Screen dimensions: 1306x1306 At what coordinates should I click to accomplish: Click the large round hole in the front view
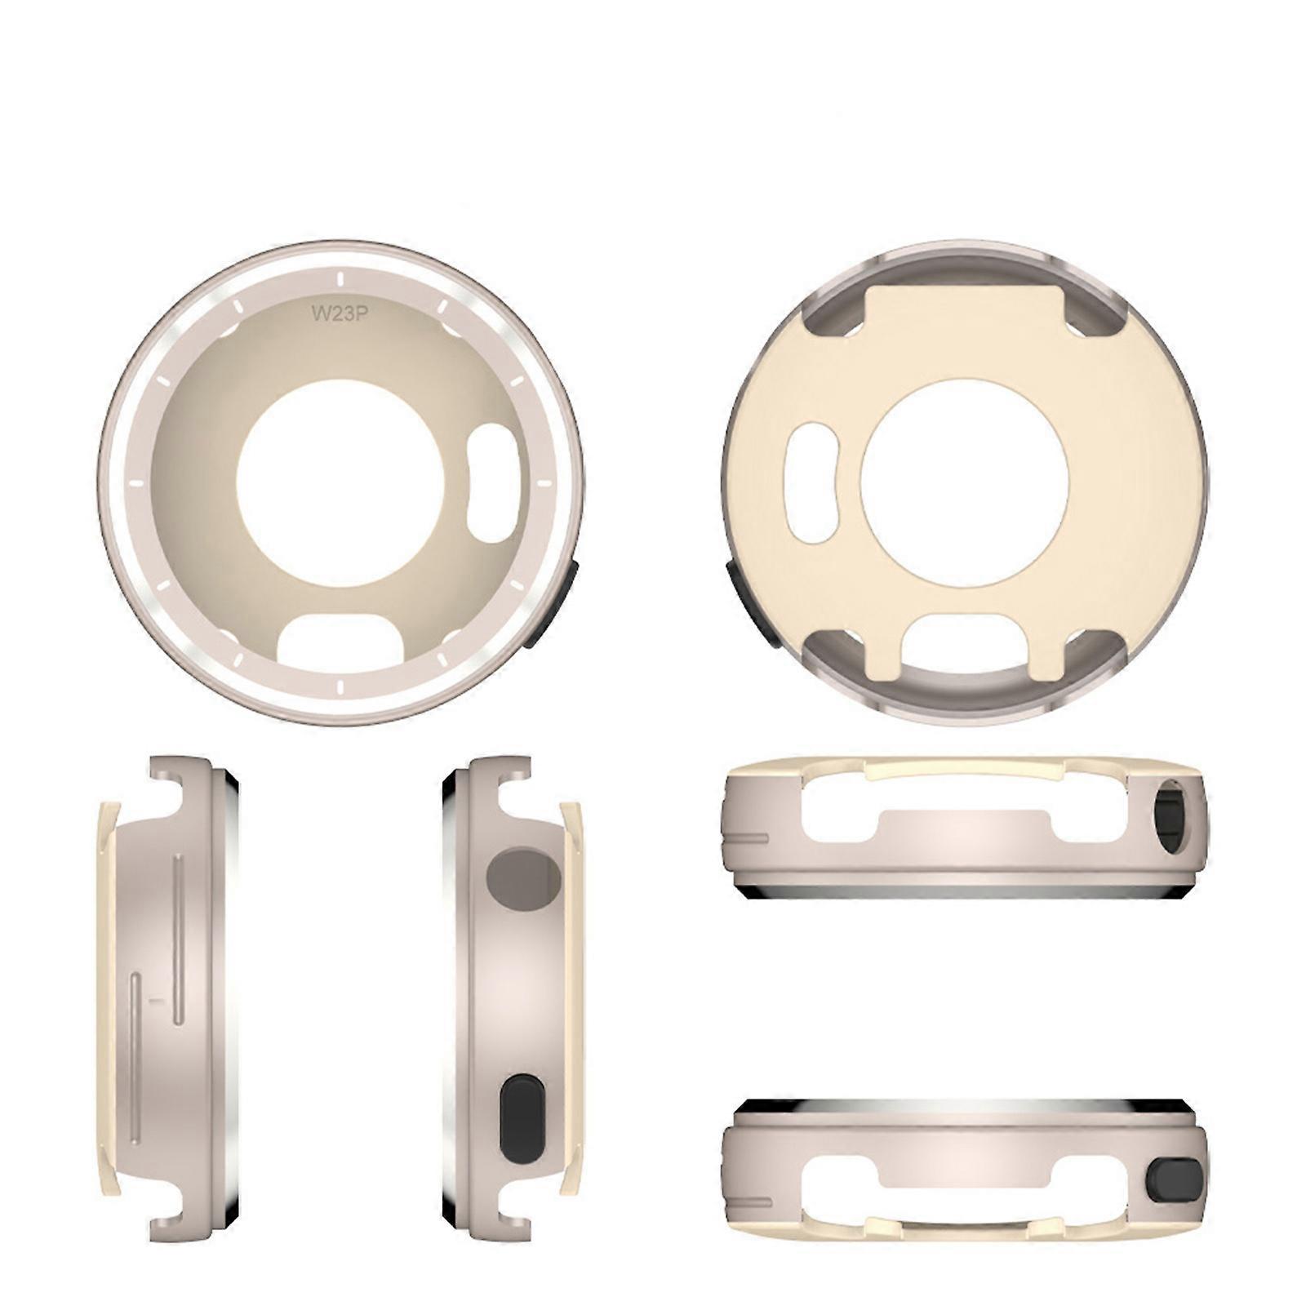(340, 482)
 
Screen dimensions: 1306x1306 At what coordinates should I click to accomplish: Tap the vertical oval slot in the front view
(493, 483)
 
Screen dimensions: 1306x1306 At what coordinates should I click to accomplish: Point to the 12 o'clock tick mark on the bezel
(337, 279)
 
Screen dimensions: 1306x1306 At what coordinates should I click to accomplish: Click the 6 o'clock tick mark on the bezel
(337, 687)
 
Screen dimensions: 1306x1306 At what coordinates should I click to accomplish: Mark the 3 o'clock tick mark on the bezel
(544, 483)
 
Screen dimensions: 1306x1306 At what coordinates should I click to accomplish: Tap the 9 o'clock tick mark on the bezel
(135, 483)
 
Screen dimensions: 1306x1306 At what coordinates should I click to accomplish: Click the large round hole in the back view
(965, 482)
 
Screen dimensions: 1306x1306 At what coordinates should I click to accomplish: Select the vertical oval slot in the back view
(810, 483)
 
